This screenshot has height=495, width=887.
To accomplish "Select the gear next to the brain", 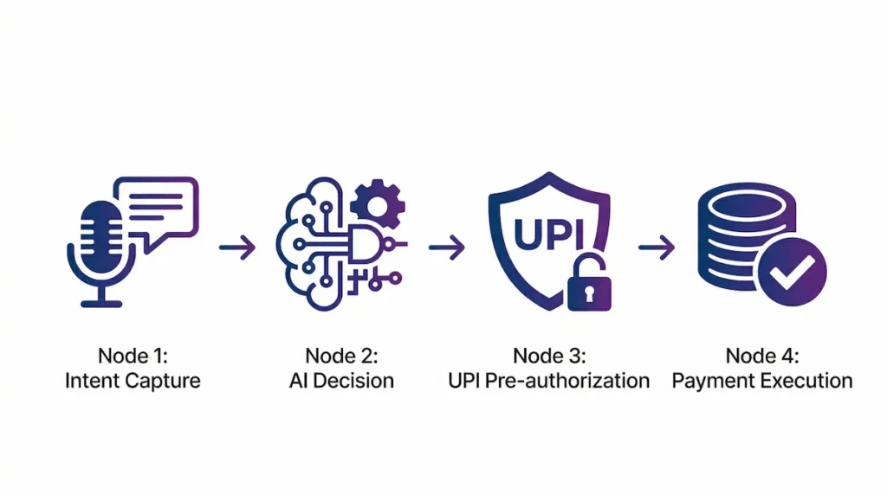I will pos(379,204).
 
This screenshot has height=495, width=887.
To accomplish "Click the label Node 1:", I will pos(132,356).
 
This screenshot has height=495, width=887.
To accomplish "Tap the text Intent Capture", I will pos(132,381).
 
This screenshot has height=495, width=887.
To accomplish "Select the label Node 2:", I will pos(340,356).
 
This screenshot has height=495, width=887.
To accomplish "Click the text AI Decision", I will pos(340,381).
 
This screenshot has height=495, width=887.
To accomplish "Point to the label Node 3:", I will pos(548,356).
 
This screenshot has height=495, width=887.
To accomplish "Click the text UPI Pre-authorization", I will pos(548,381).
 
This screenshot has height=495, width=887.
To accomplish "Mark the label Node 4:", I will pos(762,356).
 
